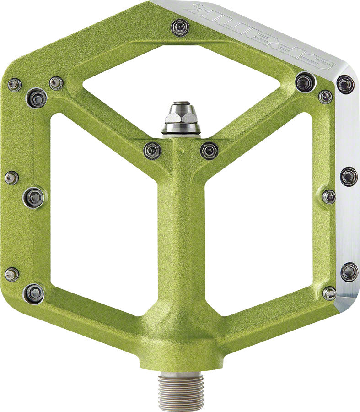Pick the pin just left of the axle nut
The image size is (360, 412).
click(152, 150)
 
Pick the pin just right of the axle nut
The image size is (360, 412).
click(209, 150)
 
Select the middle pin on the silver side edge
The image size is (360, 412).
click(349, 176)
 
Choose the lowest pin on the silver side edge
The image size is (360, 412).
click(349, 271)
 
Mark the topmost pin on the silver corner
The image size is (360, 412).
click(345, 84)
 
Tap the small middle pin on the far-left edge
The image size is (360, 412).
click(11, 178)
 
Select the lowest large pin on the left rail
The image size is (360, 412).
click(34, 293)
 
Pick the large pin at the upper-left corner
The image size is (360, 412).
click(37, 98)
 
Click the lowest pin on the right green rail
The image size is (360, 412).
click(329, 293)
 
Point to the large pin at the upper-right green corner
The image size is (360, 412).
click(305, 82)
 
